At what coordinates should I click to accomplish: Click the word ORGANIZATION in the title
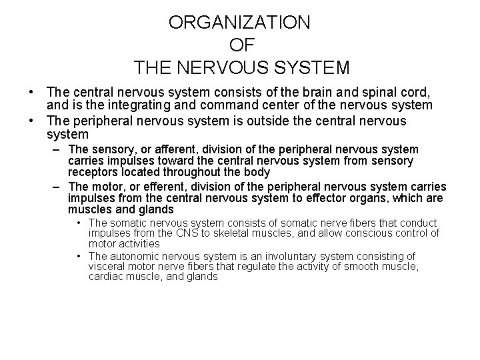click(x=239, y=22)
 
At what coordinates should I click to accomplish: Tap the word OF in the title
click(x=239, y=45)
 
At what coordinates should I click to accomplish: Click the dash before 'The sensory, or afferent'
click(x=58, y=149)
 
